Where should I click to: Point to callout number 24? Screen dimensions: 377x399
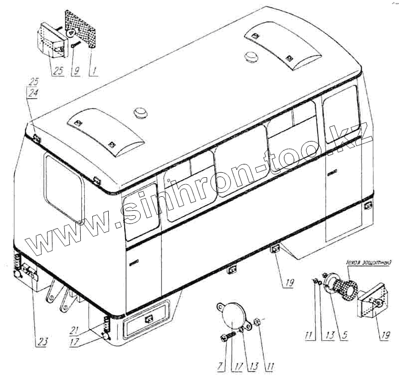tap(33, 92)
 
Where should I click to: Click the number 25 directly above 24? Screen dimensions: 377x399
tap(33, 82)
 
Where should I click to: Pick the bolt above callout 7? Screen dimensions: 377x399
tap(229, 338)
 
